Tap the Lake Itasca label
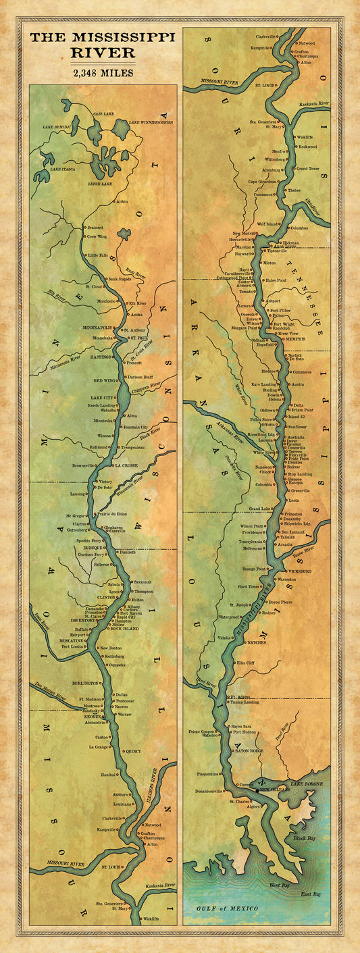[x=63, y=169]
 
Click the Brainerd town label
[x=95, y=228]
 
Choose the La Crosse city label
[x=126, y=465]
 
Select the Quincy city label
[x=133, y=750]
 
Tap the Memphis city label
[x=295, y=338]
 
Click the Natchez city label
[x=257, y=642]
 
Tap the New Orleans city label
[x=274, y=789]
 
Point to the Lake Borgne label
[x=305, y=783]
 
